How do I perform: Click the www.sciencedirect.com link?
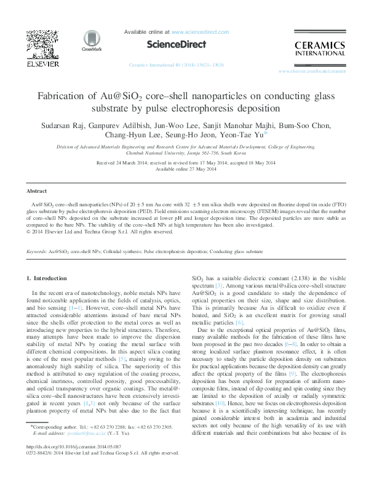coord(194,31)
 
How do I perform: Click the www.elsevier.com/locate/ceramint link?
coord(312,72)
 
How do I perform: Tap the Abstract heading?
coord(38,192)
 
